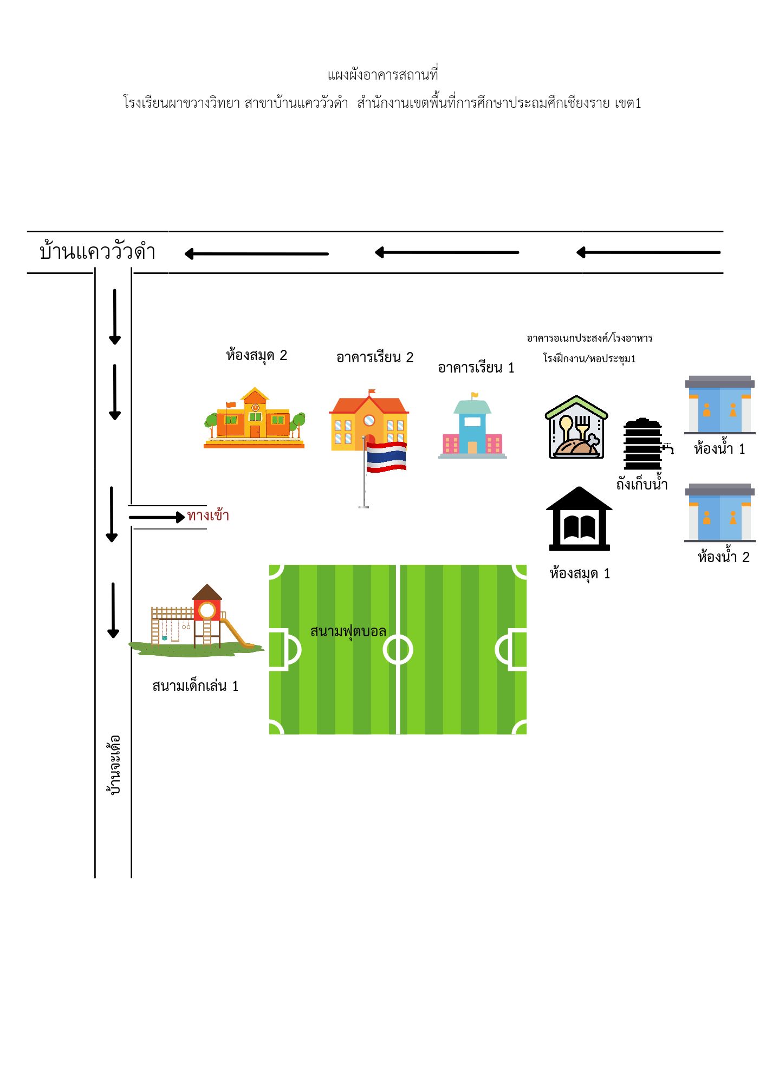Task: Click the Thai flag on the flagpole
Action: click(x=386, y=456)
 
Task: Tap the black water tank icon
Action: click(x=643, y=444)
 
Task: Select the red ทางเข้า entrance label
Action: click(x=208, y=516)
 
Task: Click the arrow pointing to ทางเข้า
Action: click(x=157, y=517)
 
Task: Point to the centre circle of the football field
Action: click(x=398, y=650)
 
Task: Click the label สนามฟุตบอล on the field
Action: click(x=348, y=631)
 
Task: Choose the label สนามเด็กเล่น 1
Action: click(x=195, y=686)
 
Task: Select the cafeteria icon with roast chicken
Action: click(x=576, y=428)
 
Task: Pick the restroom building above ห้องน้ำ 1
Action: click(x=719, y=405)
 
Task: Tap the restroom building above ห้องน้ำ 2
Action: click(x=719, y=513)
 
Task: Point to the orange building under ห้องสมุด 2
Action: click(x=254, y=419)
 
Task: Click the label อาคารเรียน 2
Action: click(x=374, y=357)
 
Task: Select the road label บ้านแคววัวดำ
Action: click(x=98, y=252)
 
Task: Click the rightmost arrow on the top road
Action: click(x=648, y=252)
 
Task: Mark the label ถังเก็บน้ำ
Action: click(x=642, y=484)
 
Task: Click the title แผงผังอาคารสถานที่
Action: click(x=382, y=75)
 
